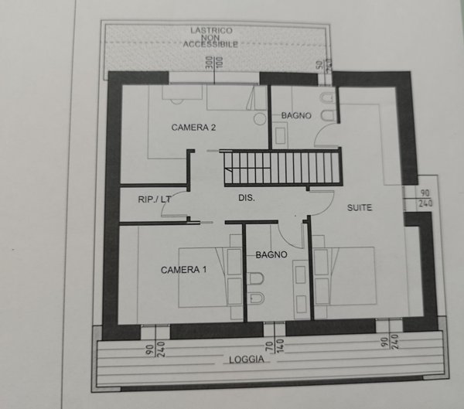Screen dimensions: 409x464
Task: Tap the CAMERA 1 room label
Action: click(x=184, y=270)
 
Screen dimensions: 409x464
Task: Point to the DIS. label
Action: click(x=247, y=199)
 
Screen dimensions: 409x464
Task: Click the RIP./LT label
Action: click(x=154, y=199)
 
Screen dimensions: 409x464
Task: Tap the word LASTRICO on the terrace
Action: click(x=212, y=31)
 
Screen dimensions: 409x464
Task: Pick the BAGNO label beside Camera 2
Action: click(x=296, y=115)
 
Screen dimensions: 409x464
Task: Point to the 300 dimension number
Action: click(x=209, y=63)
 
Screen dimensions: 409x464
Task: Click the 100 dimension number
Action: click(x=219, y=63)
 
